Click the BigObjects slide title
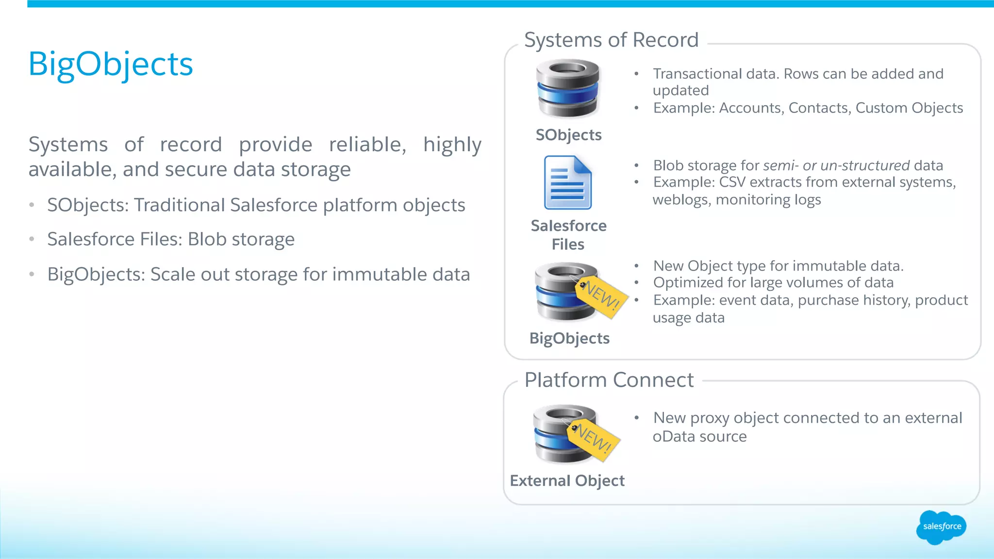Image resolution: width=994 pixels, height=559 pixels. click(x=111, y=64)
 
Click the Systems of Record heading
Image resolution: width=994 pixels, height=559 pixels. click(x=611, y=40)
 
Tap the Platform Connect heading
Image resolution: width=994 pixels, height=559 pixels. click(x=609, y=380)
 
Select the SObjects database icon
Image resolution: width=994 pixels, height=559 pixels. click(x=567, y=88)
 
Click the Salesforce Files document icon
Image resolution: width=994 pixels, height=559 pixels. click(x=567, y=183)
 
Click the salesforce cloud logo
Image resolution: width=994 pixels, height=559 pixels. click(x=941, y=527)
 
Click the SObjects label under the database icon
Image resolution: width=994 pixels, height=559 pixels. click(x=568, y=135)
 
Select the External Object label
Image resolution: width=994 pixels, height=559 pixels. click(x=567, y=480)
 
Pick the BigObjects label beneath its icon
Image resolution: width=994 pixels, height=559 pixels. click(x=569, y=338)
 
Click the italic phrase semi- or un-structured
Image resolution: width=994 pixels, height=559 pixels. click(x=836, y=165)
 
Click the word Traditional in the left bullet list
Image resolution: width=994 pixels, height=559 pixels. click(x=179, y=205)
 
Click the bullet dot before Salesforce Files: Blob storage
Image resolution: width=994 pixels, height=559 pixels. click(x=32, y=239)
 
